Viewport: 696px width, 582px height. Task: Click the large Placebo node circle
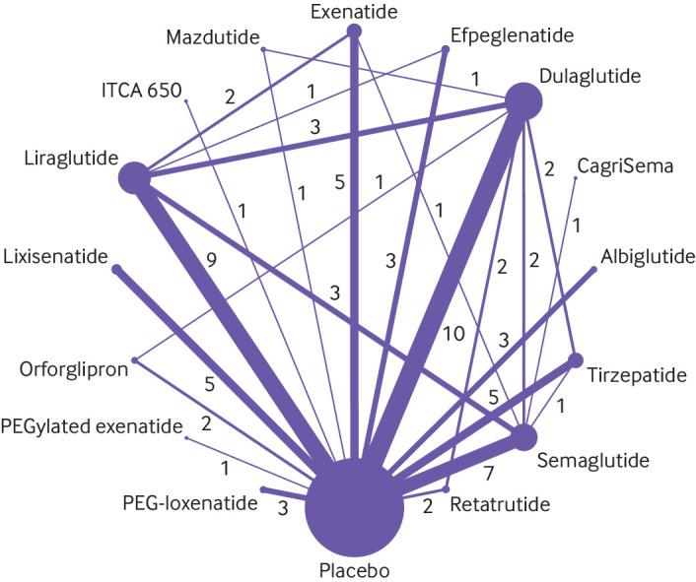click(355, 508)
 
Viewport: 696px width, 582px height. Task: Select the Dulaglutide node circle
click(524, 100)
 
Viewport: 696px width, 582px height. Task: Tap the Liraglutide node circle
click(134, 178)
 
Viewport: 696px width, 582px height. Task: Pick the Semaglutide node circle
click(522, 436)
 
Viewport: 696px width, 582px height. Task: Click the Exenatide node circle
click(354, 32)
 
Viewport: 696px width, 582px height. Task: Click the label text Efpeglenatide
click(511, 36)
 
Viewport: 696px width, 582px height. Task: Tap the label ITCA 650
click(141, 91)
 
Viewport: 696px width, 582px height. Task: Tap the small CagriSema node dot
click(576, 178)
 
